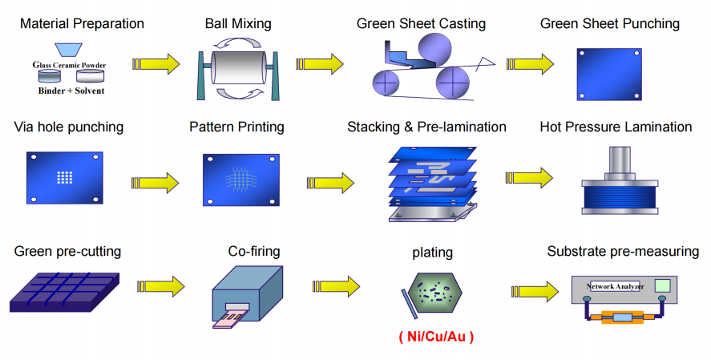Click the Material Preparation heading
coord(82,24)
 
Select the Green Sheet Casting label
coord(421,24)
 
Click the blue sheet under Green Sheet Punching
coord(609,72)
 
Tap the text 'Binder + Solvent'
coord(71,91)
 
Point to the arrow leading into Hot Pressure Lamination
coord(529,178)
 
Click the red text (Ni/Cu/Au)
coord(435,338)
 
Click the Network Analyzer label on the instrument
coord(613,286)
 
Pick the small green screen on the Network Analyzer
coord(663,286)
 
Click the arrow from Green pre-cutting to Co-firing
coord(160,285)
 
